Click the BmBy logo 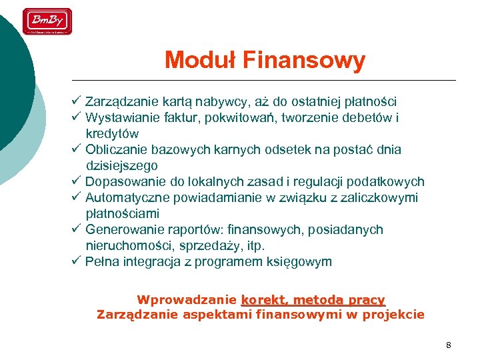(x=47, y=21)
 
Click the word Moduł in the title (x=201, y=61)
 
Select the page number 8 (x=448, y=345)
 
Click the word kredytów (x=112, y=134)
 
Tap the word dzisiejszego (x=121, y=166)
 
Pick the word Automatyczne (x=127, y=198)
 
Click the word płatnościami (x=122, y=214)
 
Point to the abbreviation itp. (x=256, y=246)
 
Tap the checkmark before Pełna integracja (x=76, y=261)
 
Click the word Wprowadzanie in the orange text (x=186, y=300)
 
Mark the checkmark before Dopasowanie (x=76, y=181)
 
